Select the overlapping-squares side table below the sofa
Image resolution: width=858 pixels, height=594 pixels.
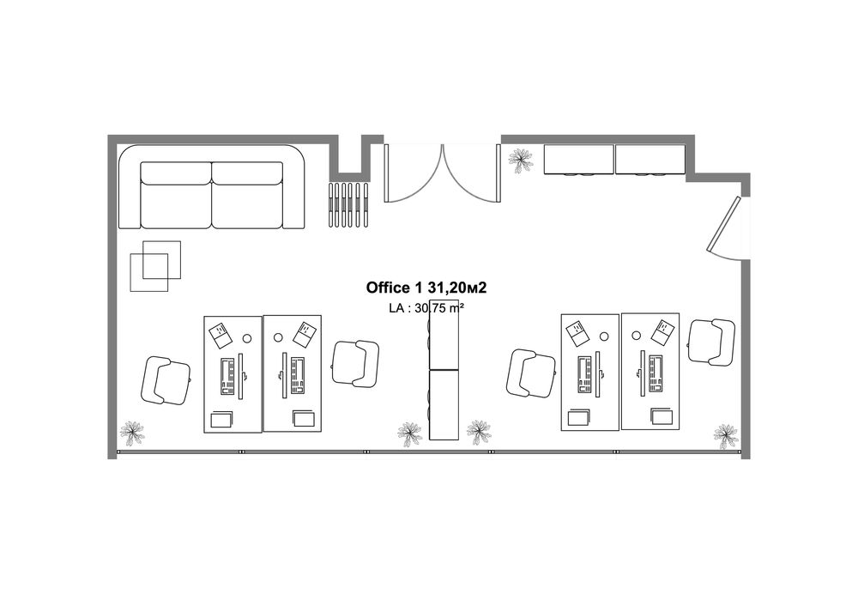click(155, 265)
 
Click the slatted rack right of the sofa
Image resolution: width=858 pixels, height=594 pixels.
click(349, 204)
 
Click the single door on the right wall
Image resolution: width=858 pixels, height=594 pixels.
click(725, 227)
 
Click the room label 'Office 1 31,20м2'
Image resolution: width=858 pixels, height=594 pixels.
click(432, 287)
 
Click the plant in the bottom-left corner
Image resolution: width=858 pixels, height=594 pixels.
click(132, 433)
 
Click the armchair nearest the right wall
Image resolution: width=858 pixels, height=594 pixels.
click(711, 342)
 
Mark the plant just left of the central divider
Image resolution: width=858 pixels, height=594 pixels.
click(409, 432)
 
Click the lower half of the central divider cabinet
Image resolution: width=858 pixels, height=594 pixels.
click(444, 403)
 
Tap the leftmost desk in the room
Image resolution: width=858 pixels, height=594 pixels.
click(232, 373)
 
